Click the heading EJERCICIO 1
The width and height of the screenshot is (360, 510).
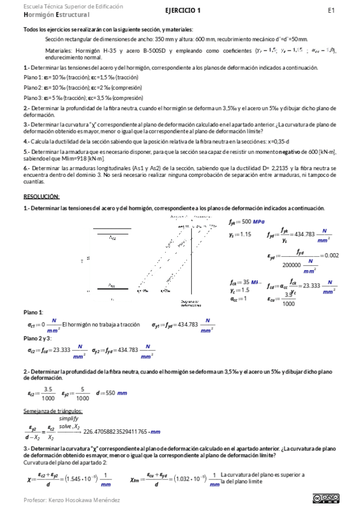pyautogui.click(x=183, y=10)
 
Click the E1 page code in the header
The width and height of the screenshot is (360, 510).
pyautogui.click(x=331, y=10)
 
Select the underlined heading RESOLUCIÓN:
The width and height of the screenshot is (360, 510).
pyautogui.click(x=41, y=196)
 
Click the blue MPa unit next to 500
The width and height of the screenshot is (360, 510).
pyautogui.click(x=258, y=222)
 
